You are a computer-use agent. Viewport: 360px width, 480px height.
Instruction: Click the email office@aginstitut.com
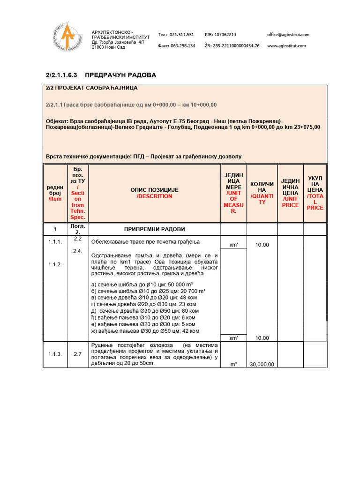pos(288,35)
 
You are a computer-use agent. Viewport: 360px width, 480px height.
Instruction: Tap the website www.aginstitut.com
pos(286,46)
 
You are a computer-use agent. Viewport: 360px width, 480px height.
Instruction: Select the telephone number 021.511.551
pos(181,35)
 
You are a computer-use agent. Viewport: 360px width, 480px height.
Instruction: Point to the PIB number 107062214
pos(226,35)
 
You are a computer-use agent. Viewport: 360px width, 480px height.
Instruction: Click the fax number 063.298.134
pos(182,46)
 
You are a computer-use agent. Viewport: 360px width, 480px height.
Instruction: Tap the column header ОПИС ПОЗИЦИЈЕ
pos(154,190)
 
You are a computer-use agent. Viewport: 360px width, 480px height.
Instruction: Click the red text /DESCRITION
pos(154,196)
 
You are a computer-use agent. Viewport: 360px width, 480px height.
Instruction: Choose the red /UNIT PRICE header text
pos(290,202)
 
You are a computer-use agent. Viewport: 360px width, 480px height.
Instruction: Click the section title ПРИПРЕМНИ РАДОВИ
pos(154,229)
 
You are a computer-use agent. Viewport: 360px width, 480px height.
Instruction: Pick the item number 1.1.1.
pos(55,242)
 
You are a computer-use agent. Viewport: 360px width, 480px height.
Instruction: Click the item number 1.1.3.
pos(55,354)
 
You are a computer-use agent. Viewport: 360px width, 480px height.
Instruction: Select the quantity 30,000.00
pos(262,364)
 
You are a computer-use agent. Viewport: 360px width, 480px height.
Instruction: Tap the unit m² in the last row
pos(233,364)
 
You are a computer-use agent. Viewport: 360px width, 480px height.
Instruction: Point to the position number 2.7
pos(78,354)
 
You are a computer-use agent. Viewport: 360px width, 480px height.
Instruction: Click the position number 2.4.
pos(78,251)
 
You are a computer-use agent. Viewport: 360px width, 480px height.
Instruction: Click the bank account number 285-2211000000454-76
pos(232,46)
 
